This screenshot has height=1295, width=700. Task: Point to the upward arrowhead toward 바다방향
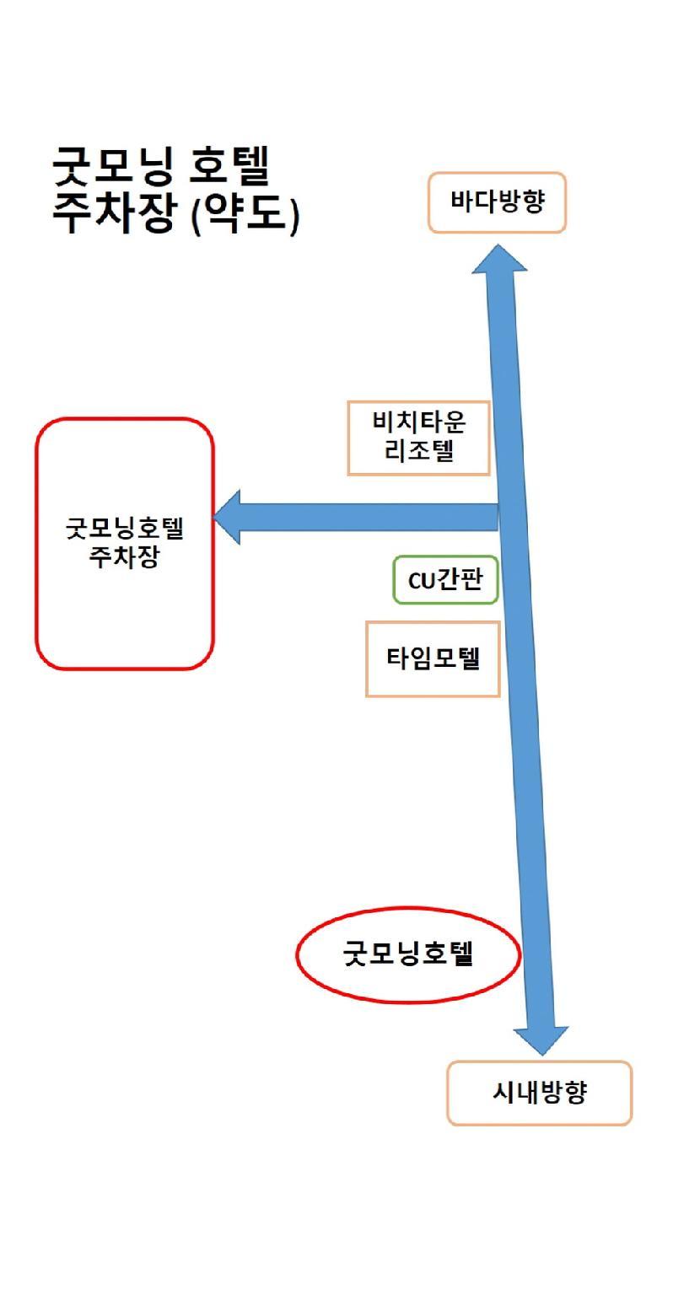pyautogui.click(x=500, y=258)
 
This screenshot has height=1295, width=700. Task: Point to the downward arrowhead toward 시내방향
pyautogui.click(x=541, y=1040)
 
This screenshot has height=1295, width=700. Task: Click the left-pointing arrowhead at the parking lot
pyautogui.click(x=226, y=518)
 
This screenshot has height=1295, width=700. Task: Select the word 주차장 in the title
pyautogui.click(x=113, y=212)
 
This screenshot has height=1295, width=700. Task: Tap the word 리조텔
pyautogui.click(x=419, y=449)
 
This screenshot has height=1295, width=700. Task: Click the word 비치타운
pyautogui.click(x=419, y=421)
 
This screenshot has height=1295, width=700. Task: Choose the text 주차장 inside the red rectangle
pyautogui.click(x=124, y=556)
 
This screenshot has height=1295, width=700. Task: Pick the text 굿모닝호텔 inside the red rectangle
pyautogui.click(x=124, y=528)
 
